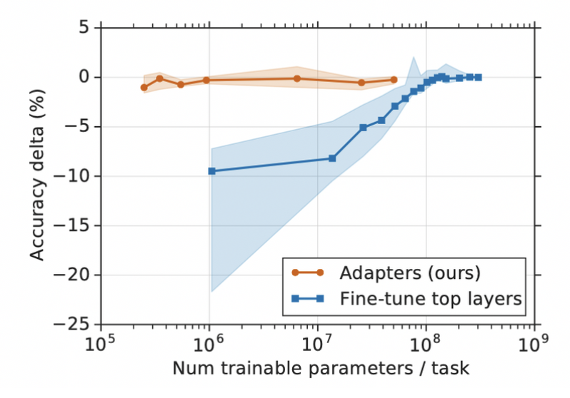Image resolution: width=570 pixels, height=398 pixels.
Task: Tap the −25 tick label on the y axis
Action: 75,324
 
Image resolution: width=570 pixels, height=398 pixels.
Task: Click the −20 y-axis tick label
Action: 75,275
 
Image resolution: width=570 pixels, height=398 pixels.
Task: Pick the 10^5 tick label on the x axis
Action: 100,344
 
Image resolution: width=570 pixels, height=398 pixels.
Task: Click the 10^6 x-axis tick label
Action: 209,344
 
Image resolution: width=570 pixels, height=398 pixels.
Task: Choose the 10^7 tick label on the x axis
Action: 317,344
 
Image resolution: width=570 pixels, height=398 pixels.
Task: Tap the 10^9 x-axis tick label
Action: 534,344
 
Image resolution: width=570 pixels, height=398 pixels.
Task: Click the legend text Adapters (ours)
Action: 409,272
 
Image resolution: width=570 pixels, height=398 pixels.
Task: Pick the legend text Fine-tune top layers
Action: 430,299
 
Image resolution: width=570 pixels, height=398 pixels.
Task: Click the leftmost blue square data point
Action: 211,171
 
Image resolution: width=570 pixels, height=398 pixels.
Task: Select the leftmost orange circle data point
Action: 144,88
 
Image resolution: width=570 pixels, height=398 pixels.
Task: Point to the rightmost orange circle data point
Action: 394,80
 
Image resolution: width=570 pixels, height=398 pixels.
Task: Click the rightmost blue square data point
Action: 478,77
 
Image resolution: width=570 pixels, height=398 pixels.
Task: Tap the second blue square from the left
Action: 332,158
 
